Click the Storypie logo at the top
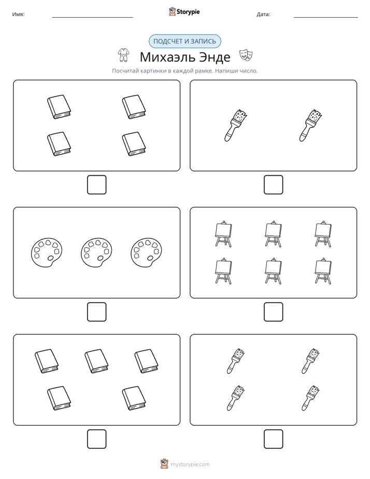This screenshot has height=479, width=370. [x=184, y=11]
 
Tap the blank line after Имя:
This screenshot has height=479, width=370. [x=92, y=18]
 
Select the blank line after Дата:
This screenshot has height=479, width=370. [x=326, y=18]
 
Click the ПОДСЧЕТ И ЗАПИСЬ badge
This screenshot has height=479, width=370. [x=184, y=41]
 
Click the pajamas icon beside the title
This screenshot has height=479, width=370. [x=124, y=55]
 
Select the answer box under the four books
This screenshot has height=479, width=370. [x=97, y=185]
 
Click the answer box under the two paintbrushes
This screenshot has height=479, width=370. [x=273, y=185]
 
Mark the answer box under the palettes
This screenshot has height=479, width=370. [x=97, y=312]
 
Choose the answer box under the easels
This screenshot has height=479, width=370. [x=273, y=312]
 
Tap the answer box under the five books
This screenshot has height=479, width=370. [x=97, y=439]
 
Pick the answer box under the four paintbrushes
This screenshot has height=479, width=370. [x=273, y=439]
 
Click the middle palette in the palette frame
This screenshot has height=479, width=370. [x=96, y=252]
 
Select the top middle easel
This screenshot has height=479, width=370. [x=273, y=234]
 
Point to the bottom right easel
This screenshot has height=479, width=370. [x=323, y=271]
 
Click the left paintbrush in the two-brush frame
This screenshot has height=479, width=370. [x=236, y=125]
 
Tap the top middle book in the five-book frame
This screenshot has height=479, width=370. [x=96, y=361]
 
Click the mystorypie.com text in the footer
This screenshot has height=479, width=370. [x=190, y=464]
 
